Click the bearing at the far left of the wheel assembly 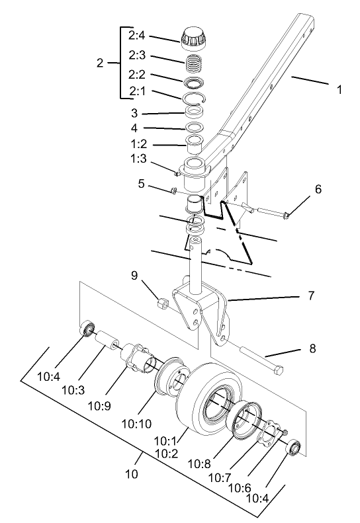pyautogui.click(x=87, y=329)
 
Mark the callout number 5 pyautogui.click(x=141, y=184)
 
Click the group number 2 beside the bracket pyautogui.click(x=99, y=63)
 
